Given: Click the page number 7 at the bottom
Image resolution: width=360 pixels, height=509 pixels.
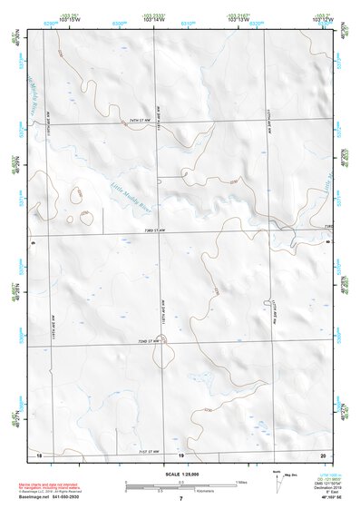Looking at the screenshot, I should coord(180,500).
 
